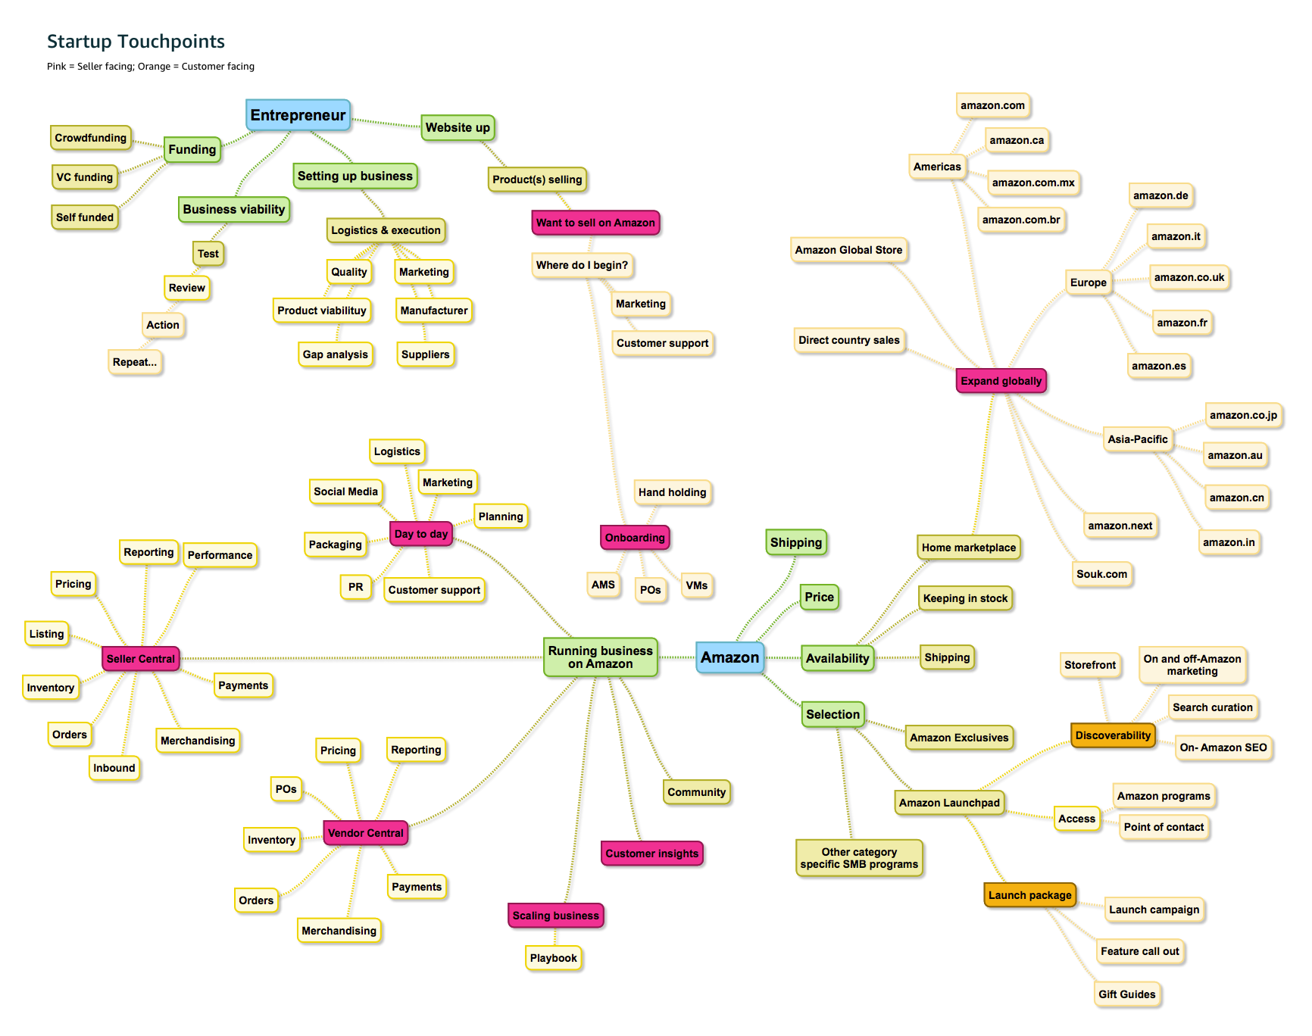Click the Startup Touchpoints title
point(136,42)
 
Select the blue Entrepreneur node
point(298,115)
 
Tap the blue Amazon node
point(729,657)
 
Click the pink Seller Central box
point(140,659)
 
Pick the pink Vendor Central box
point(365,833)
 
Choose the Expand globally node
point(1001,381)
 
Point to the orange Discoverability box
point(1113,735)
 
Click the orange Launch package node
point(1029,895)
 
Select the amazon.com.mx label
point(1033,183)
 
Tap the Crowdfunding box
point(90,138)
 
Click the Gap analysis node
point(335,354)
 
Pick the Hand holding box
point(672,492)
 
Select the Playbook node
point(553,958)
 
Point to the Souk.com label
point(1101,574)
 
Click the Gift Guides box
point(1126,994)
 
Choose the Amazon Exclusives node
point(959,738)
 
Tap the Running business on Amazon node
point(600,657)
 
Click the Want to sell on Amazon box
point(595,223)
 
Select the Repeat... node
point(135,362)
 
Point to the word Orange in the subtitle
point(154,67)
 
